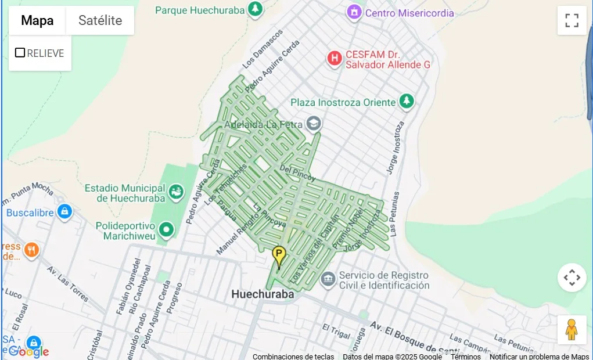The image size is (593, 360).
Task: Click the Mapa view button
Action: coord(37,21)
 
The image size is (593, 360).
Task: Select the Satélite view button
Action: coord(100,21)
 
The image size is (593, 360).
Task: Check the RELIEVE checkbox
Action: coord(20,53)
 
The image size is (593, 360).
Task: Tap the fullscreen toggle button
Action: coord(572,21)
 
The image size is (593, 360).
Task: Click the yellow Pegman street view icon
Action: coord(572,330)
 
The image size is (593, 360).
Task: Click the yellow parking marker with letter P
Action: coord(279,254)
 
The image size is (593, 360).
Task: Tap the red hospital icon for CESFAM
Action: coord(334,58)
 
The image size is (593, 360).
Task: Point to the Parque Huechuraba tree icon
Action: coord(254,9)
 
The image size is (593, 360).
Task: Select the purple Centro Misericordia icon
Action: coord(354,12)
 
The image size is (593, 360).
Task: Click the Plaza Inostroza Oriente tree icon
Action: coord(407,101)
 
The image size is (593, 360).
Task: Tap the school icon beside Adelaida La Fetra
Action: coord(314,123)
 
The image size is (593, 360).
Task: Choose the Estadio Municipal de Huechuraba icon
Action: coord(175,190)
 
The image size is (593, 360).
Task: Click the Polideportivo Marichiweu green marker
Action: coord(167,230)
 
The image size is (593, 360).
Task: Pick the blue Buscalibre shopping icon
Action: coord(64,211)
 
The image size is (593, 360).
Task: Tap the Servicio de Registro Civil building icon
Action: coord(328,280)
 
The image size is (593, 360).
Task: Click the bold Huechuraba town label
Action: coord(263,294)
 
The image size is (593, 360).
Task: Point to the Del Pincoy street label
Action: coord(297,172)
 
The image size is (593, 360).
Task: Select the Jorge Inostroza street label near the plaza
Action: coord(395,147)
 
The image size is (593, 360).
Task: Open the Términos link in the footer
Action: coord(465,356)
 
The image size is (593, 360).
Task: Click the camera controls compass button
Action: coord(572,278)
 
